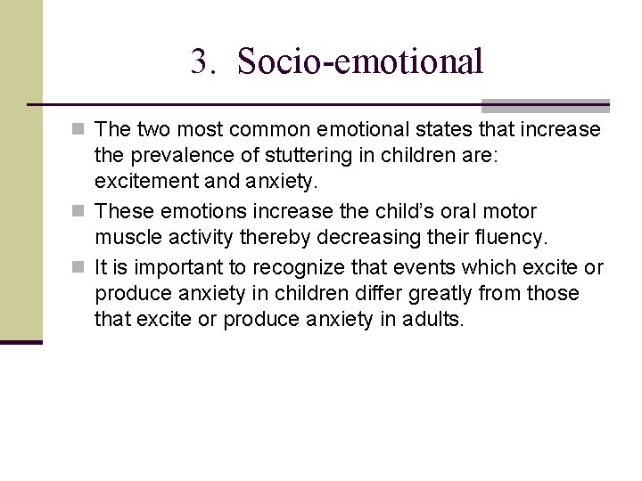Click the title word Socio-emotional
(x=361, y=61)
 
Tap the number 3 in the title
(x=199, y=61)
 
